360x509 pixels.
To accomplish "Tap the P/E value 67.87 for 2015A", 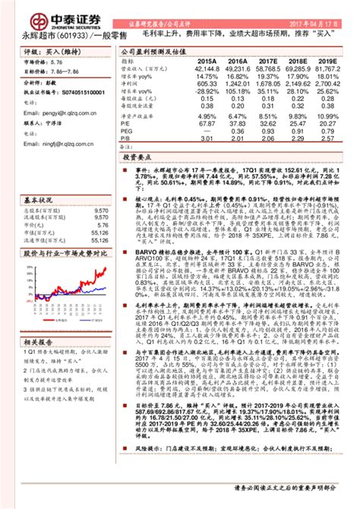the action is pos(209,125).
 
